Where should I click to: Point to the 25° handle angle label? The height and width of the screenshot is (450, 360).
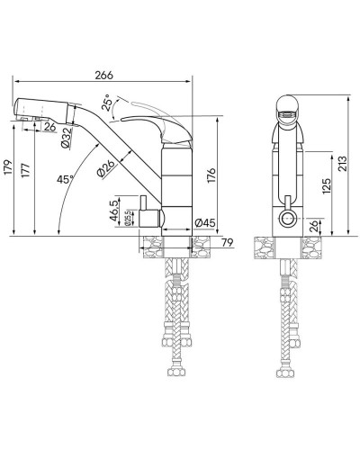pos(110,103)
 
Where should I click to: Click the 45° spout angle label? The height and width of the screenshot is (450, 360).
pos(64,179)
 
